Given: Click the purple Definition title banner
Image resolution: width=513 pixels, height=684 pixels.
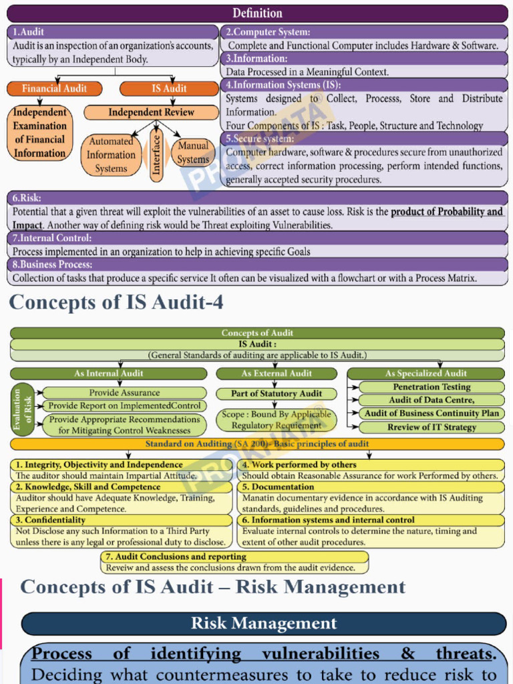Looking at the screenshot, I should click(257, 13).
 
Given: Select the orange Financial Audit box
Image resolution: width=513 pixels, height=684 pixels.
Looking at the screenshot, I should click(55, 88).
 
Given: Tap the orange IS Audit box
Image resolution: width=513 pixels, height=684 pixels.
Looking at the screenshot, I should click(169, 88).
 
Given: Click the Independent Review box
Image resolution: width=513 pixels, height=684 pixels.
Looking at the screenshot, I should click(151, 112).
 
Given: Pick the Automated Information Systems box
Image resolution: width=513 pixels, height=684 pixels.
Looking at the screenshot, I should click(111, 155).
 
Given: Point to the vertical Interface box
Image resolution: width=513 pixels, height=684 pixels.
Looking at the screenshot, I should click(156, 155).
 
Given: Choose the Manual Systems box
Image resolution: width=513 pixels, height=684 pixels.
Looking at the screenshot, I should click(193, 153).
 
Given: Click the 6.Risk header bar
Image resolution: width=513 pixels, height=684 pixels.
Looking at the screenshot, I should click(257, 198).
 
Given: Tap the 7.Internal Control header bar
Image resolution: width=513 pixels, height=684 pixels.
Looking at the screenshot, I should click(257, 238).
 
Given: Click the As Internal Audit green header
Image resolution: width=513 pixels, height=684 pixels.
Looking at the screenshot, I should click(109, 373).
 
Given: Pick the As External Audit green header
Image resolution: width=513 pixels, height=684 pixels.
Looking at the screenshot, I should click(277, 373).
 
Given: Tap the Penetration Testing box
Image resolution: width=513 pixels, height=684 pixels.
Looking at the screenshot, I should click(432, 387).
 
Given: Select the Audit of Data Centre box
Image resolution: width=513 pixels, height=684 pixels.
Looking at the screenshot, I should click(432, 400).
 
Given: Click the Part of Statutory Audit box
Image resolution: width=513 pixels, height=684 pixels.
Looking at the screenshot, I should click(277, 393).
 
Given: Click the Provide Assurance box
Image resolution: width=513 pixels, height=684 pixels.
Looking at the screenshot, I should click(125, 393).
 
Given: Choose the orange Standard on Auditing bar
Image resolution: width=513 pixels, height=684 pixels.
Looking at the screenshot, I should click(257, 444).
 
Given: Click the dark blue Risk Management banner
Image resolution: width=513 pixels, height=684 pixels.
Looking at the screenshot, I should click(263, 624).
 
